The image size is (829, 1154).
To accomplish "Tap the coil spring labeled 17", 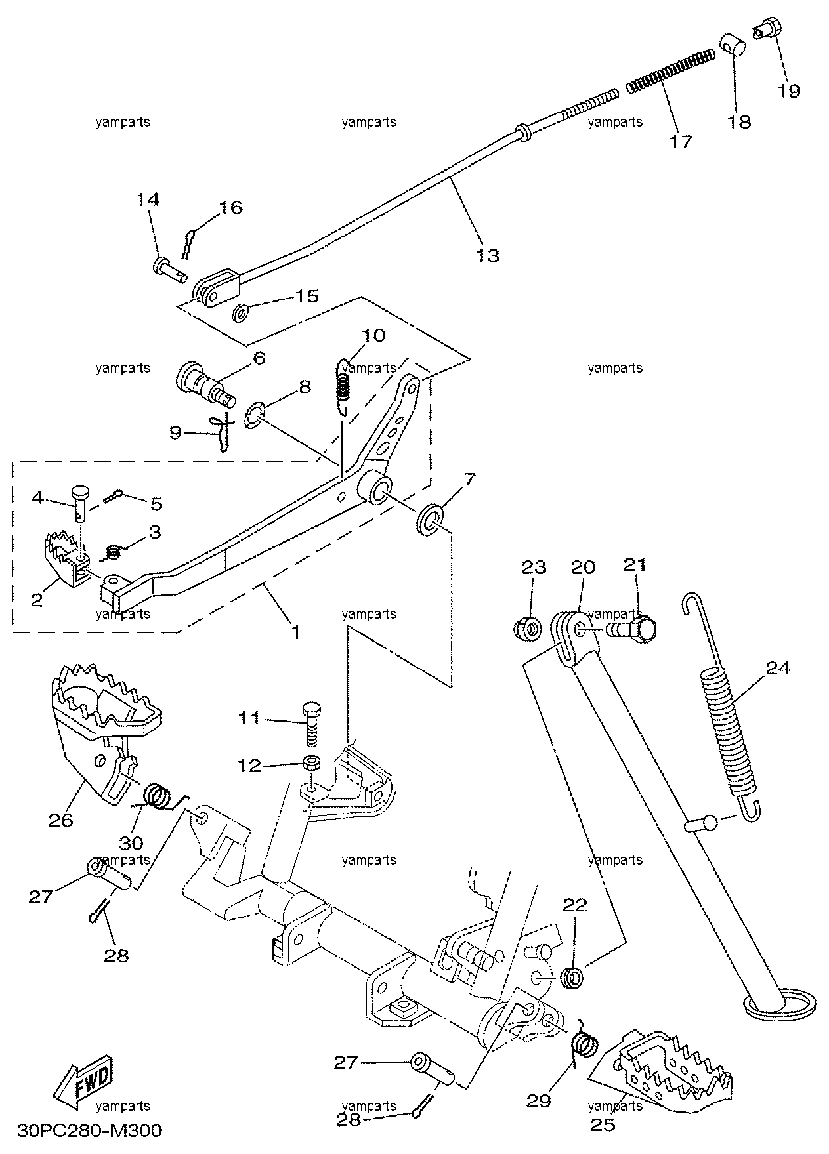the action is pyautogui.click(x=670, y=70).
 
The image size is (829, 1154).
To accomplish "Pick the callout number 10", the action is pyautogui.click(x=373, y=336).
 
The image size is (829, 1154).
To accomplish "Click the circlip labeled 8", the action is pyautogui.click(x=253, y=417).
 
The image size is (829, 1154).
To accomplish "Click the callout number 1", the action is pyautogui.click(x=295, y=632).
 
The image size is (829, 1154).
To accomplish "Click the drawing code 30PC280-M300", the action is pyautogui.click(x=89, y=1131).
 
